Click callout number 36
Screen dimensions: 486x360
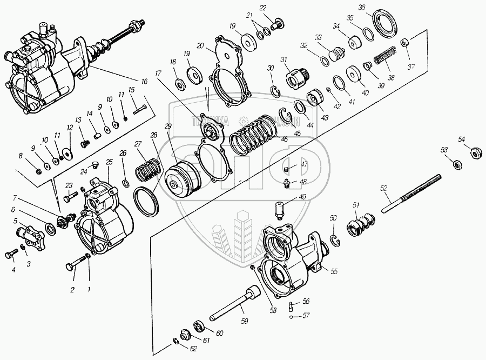376,7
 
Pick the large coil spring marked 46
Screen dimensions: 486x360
253,137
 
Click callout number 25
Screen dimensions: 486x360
109,162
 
